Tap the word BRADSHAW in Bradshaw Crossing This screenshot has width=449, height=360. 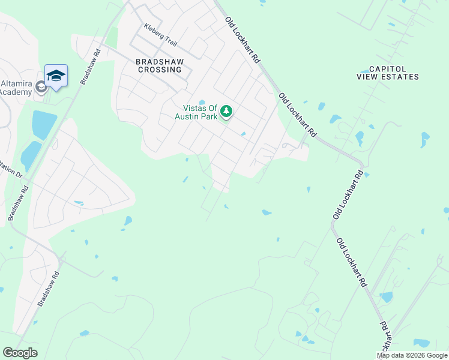click(159, 61)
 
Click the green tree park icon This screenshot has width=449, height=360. click(226, 111)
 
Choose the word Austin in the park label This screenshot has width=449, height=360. click(186, 116)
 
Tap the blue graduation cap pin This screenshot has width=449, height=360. click(56, 76)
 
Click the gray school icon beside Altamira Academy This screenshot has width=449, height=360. click(41, 88)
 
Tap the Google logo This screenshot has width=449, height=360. click(20, 353)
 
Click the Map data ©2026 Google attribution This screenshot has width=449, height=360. click(412, 355)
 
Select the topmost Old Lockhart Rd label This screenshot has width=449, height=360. click(243, 40)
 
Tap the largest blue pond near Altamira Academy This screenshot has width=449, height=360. click(43, 124)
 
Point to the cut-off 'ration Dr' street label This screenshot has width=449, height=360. click(11, 171)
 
